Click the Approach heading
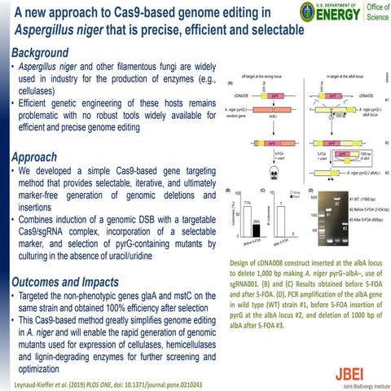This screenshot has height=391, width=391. tap(30, 157)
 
